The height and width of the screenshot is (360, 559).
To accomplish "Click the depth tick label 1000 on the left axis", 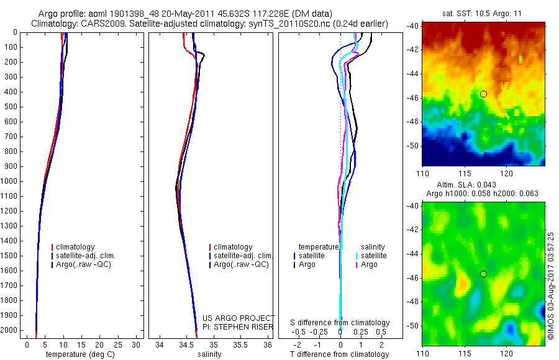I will coord(11,181).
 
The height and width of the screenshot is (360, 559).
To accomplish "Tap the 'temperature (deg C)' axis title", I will coord(78,354).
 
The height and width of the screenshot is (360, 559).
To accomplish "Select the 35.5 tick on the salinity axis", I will coord(240,344).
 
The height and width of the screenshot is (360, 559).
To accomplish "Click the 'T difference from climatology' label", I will coord(339,354).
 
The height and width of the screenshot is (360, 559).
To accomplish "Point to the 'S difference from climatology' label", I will coord(340,323).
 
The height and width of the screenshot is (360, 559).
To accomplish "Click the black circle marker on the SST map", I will coord(483,94).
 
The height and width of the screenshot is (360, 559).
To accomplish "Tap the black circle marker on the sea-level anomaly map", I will coord(483,274).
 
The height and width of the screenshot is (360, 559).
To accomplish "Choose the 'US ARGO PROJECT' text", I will coord(239,318).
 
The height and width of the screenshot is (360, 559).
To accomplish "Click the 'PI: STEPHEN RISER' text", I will coord(239,326).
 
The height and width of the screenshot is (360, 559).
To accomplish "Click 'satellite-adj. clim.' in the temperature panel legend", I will coord(90,256).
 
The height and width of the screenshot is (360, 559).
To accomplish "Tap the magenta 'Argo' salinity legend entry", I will coord(369,264).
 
